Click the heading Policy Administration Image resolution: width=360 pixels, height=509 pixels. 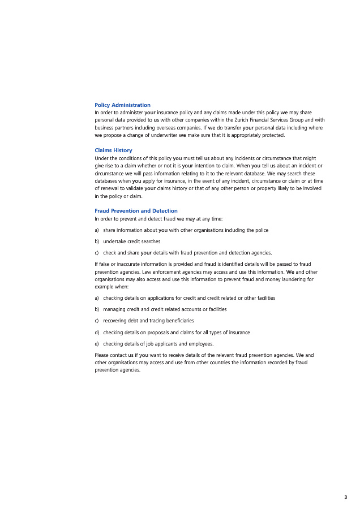[122, 105]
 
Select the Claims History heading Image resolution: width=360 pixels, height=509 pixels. [113, 150]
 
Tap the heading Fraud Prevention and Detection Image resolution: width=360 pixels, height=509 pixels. [136, 211]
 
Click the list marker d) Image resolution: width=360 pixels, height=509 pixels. [97, 333]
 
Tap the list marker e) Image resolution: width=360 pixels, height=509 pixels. [97, 344]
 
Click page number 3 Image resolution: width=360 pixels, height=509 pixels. [345, 497]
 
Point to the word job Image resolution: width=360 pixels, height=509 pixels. [142, 344]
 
